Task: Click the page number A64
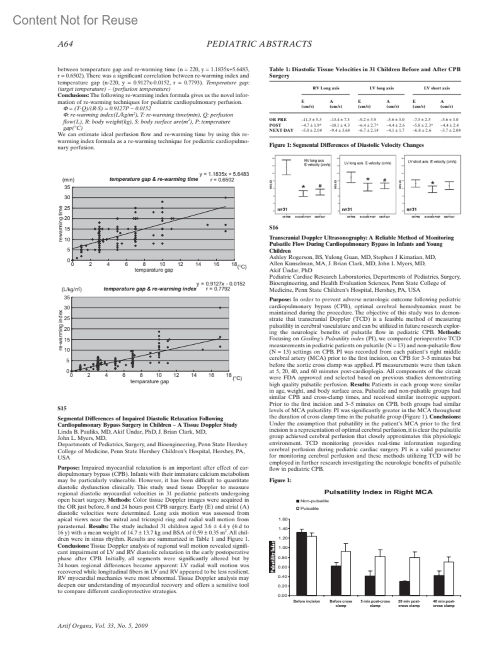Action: [x=65, y=44]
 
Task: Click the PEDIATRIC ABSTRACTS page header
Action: [x=259, y=44]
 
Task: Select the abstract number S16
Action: [x=274, y=228]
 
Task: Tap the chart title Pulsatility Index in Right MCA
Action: [x=378, y=492]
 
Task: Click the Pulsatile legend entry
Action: [x=309, y=508]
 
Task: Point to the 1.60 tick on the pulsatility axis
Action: [x=283, y=519]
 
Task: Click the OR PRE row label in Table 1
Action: [x=278, y=119]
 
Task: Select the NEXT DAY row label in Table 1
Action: [x=282, y=130]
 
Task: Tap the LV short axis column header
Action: [x=437, y=88]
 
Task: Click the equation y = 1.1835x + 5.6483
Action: [x=224, y=174]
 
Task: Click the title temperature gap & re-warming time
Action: [x=153, y=179]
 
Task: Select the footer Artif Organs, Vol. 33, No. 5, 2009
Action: [x=102, y=626]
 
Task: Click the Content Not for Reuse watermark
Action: [x=75, y=20]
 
